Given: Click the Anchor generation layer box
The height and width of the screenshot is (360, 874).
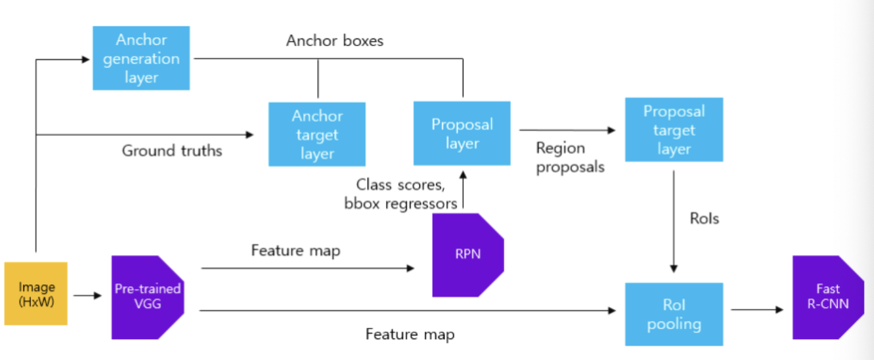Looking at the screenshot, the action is (141, 58).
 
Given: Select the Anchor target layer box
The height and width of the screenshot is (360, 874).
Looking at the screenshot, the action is (317, 134).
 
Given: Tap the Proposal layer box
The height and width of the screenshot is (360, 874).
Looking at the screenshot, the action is (462, 133).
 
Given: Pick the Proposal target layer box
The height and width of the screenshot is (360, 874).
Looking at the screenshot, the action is (674, 129).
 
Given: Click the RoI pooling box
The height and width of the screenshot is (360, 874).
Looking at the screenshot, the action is (674, 315).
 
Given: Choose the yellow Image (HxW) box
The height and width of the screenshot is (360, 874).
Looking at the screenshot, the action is (36, 294).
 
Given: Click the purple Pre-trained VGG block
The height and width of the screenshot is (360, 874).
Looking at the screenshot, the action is (148, 297).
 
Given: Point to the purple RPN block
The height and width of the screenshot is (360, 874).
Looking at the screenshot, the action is (468, 255).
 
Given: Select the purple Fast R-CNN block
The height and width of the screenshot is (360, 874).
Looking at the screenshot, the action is (829, 297).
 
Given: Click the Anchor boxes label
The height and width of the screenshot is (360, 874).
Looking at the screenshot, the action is (335, 40).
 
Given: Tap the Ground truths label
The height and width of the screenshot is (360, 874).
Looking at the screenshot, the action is (172, 150).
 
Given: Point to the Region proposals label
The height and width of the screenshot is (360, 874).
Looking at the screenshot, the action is (570, 157).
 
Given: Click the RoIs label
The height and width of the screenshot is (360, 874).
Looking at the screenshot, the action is (704, 219).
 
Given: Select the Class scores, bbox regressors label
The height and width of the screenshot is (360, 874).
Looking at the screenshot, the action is (401, 195).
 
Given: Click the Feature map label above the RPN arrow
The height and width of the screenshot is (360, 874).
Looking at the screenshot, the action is (296, 250).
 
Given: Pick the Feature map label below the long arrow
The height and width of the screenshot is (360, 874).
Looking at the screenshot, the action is (410, 334).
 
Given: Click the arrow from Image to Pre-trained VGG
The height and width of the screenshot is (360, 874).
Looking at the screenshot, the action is (88, 296).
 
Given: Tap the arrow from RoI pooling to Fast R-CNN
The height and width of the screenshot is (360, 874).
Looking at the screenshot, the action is (757, 309).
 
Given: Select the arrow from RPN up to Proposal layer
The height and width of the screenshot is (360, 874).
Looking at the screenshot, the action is (463, 189).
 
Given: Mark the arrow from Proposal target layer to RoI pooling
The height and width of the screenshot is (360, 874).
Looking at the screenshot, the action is (673, 222).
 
